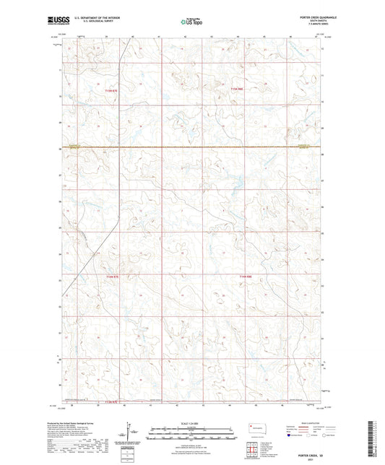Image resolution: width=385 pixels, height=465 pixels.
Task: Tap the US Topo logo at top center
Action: click(x=191, y=22)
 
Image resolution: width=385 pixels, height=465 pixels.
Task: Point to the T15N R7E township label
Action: click(x=111, y=90)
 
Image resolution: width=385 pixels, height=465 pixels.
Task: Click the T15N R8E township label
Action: click(x=239, y=89)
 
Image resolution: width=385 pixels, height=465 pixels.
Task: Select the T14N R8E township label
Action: click(x=245, y=276)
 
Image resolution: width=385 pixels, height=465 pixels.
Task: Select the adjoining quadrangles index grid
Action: click(x=254, y=450)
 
